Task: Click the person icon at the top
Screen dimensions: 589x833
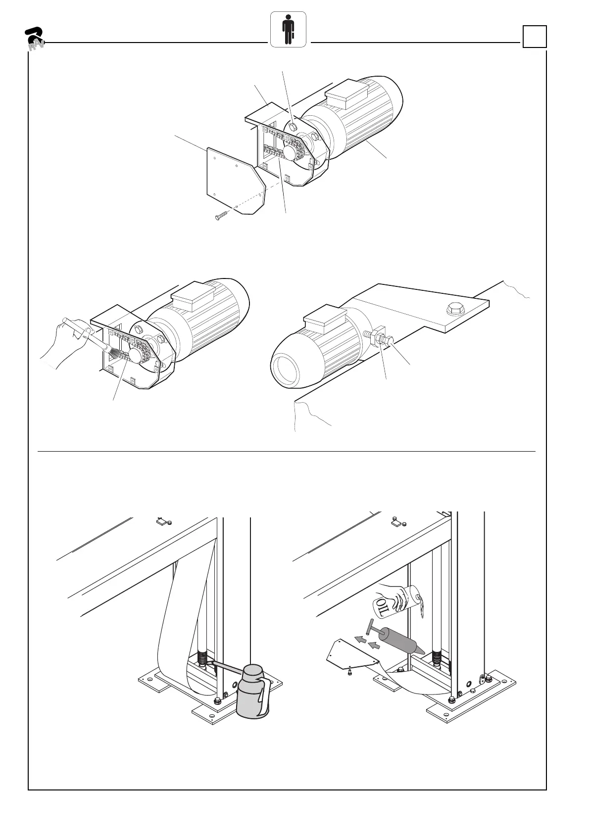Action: [288, 30]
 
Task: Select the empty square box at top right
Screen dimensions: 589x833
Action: [535, 37]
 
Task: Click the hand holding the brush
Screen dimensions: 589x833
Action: [67, 341]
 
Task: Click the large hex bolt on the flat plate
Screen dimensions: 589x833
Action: [455, 310]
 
